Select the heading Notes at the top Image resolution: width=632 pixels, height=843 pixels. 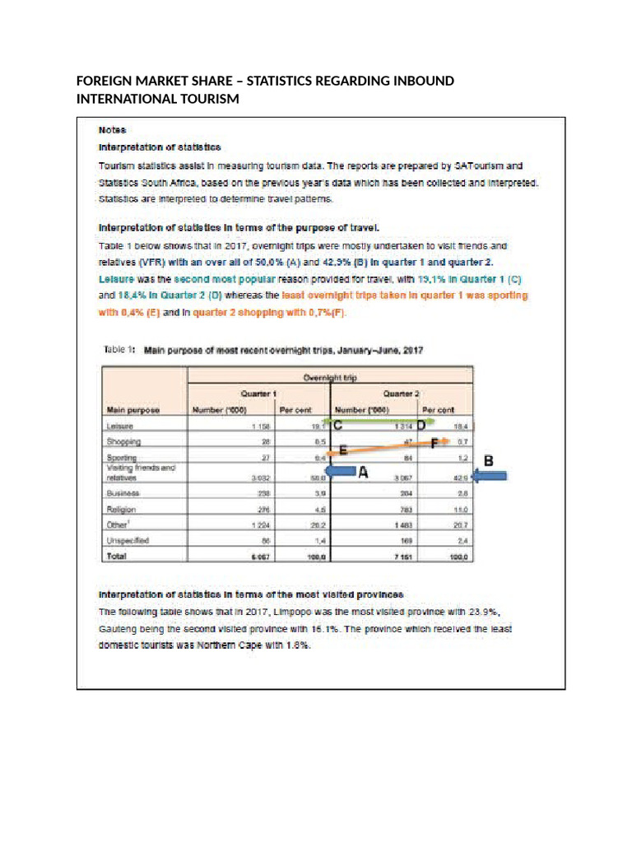pos(112,129)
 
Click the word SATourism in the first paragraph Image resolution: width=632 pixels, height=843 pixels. pos(487,165)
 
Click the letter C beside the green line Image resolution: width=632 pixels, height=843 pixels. pos(337,426)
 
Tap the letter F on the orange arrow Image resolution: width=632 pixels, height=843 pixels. pos(434,442)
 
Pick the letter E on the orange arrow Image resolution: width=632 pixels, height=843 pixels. pos(342,450)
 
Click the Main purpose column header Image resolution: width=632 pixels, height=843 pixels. pos(132,409)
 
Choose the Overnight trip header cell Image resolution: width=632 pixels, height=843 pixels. pos(330,376)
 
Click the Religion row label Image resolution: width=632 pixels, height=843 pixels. pos(121,509)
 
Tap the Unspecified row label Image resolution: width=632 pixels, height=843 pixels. pos(128,540)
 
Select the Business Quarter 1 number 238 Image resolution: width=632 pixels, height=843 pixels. pos(263,492)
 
